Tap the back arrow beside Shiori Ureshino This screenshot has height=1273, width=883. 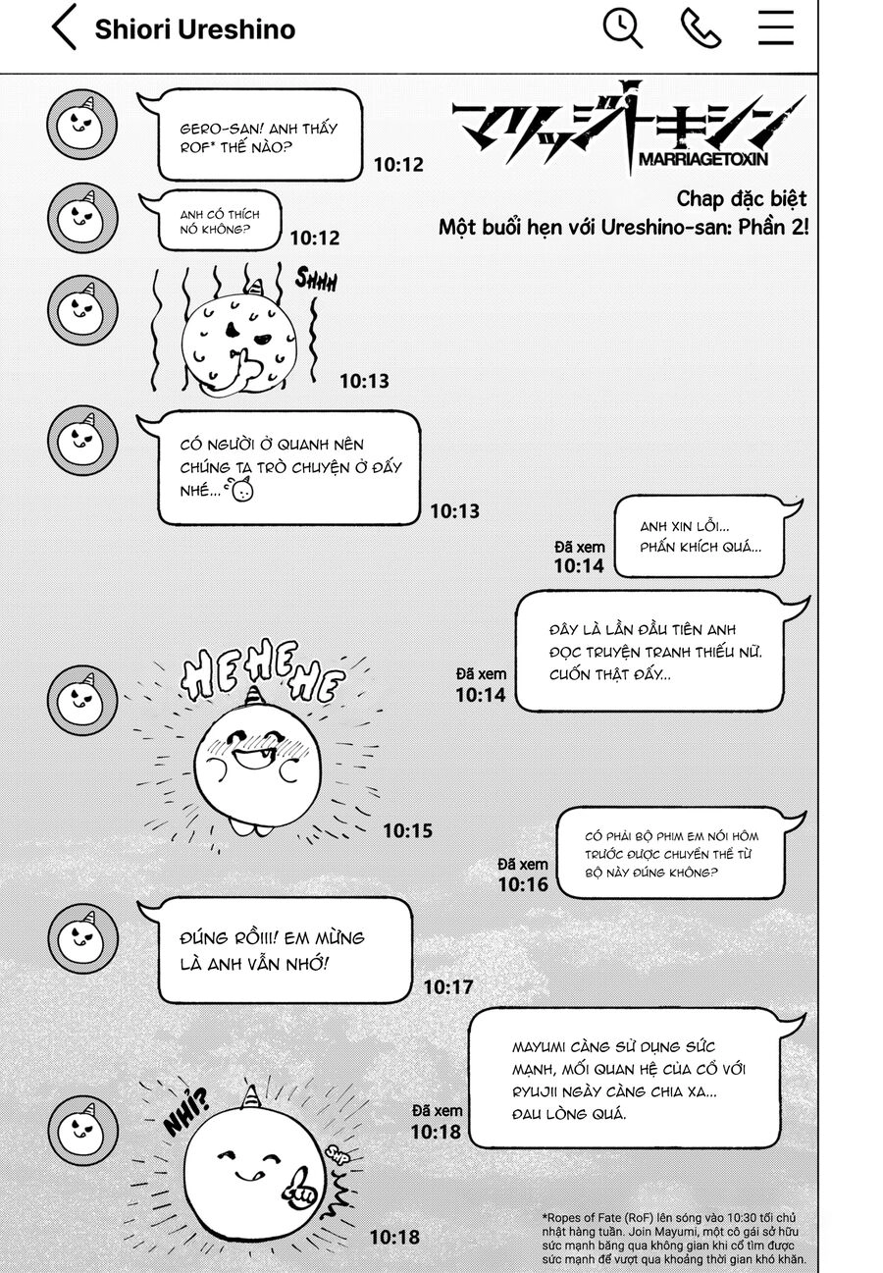click(64, 27)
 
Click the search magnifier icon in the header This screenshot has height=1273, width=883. click(622, 27)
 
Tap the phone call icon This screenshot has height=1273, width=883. click(700, 27)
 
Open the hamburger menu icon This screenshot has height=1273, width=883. click(775, 27)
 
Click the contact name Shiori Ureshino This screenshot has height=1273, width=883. click(194, 29)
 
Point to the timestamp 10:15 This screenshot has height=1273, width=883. click(407, 831)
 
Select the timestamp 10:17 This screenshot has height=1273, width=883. click(448, 987)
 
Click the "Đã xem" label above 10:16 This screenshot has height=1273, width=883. click(523, 864)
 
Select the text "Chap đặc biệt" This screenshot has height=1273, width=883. click(741, 199)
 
